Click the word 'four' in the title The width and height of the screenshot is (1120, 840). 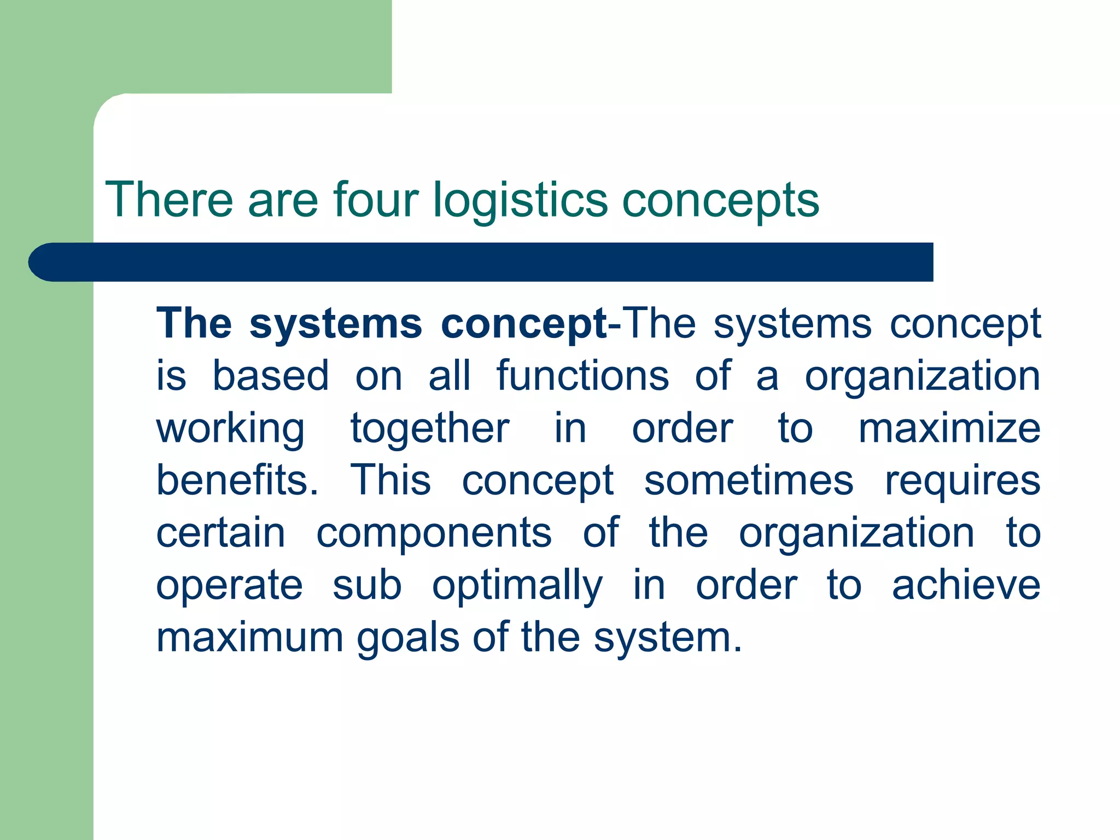tap(376, 199)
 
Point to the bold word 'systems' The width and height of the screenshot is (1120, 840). tap(336, 324)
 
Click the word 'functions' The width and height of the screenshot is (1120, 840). tap(582, 376)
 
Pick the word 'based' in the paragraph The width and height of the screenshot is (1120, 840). tap(271, 376)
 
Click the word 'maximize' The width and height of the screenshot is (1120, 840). tap(949, 428)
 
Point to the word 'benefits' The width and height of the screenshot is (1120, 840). tap(237, 480)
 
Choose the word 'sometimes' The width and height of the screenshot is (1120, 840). tap(749, 480)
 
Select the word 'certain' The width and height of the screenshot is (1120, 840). tap(221, 533)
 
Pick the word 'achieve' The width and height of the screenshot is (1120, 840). tap(966, 585)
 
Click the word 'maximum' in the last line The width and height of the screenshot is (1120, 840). tap(250, 637)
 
